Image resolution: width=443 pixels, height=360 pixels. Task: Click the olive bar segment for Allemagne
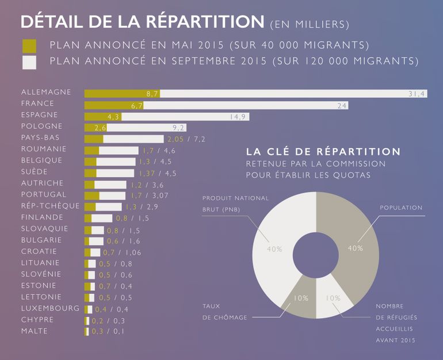coord(122,93)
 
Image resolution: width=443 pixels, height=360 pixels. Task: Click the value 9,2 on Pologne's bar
coord(178,128)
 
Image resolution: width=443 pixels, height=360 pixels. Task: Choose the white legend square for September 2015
coord(28,62)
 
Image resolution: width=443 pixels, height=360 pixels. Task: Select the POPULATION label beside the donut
coord(401,208)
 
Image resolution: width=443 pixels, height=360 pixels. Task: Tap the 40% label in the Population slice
coord(355,248)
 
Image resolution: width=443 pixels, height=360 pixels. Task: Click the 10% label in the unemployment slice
coord(301,298)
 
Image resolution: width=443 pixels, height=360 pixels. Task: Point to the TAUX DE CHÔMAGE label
coord(224,312)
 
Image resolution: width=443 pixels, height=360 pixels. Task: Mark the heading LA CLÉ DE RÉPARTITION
coord(323,152)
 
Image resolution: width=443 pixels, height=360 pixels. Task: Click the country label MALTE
coord(35,331)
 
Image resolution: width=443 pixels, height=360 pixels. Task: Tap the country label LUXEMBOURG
coord(50,309)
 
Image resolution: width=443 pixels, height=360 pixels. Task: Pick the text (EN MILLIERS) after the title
coord(309,24)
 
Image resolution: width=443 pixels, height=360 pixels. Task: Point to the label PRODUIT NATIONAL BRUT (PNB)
coord(235,204)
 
